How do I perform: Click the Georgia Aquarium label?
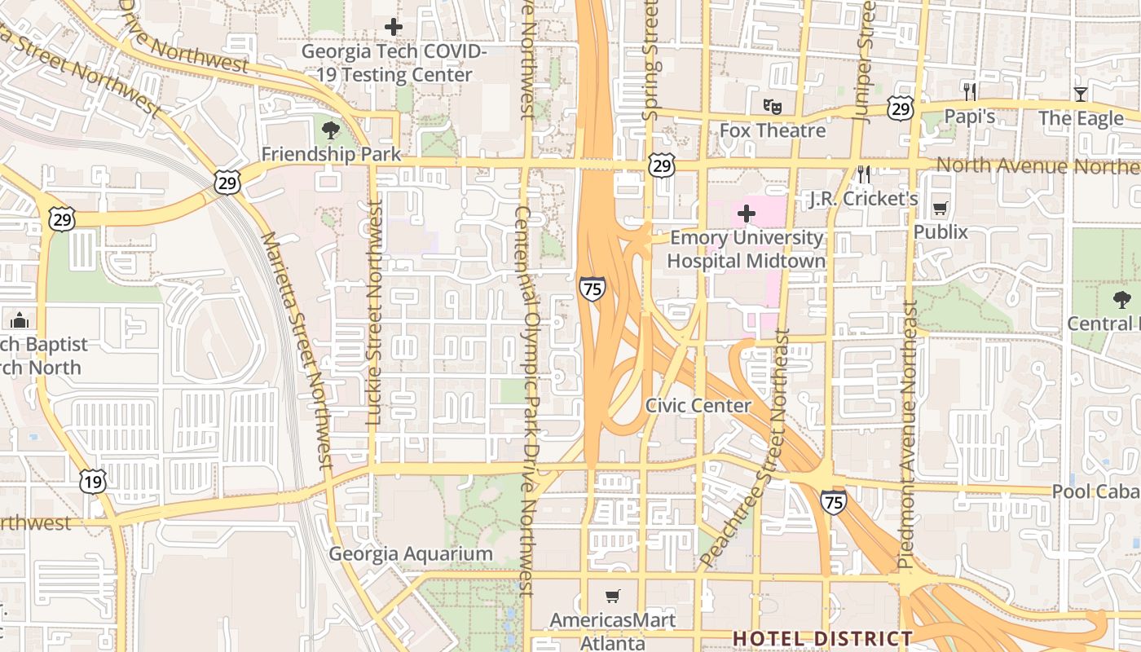tap(411, 554)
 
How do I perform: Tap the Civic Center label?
tap(698, 405)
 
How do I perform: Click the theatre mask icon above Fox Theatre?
tap(772, 105)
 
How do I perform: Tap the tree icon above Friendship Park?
tap(331, 130)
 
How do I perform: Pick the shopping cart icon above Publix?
tap(941, 209)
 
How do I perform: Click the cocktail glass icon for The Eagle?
tap(1081, 94)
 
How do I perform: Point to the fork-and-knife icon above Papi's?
tap(970, 91)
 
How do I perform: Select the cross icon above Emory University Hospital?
tap(746, 214)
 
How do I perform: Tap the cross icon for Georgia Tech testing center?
tap(394, 27)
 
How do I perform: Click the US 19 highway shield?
tap(93, 481)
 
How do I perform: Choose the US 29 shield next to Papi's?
tap(901, 108)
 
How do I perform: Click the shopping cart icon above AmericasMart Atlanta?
tap(613, 597)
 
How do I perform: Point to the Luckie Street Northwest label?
tap(374, 314)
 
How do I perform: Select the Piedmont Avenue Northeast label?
tap(908, 434)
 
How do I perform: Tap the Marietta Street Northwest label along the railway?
tap(296, 350)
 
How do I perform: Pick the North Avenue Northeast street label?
tap(1037, 165)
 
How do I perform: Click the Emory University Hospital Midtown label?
tap(746, 249)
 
